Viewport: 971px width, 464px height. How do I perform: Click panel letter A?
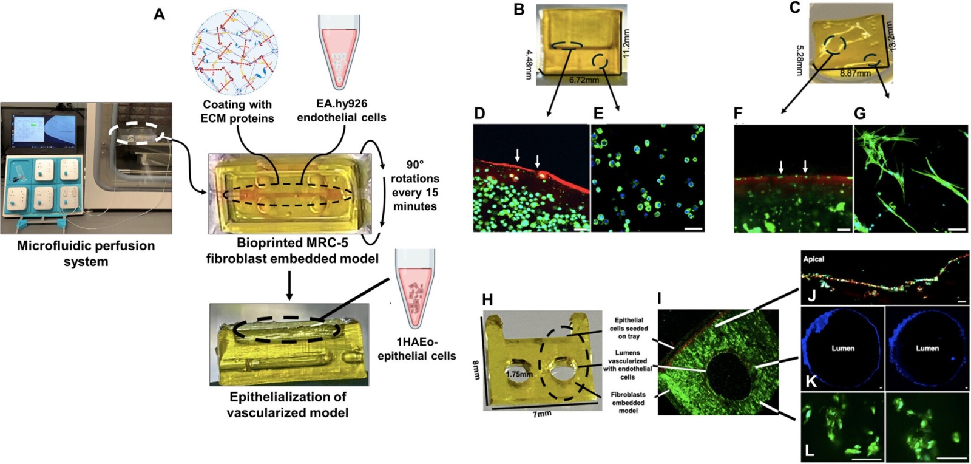[x=159, y=14]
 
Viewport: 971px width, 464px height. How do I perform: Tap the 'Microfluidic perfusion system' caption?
[x=86, y=253]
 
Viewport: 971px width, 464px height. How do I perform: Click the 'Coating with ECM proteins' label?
[x=237, y=111]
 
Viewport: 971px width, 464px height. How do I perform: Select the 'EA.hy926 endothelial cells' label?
[x=341, y=111]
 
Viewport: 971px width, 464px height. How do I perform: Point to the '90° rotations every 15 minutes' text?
[x=414, y=185]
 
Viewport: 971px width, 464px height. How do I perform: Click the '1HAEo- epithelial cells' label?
[x=416, y=349]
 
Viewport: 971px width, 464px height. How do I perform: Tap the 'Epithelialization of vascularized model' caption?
[x=288, y=404]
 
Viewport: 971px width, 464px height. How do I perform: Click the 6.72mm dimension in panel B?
[x=584, y=80]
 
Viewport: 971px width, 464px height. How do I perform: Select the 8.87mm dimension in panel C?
[x=855, y=73]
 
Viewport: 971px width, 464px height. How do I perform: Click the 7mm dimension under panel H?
[x=542, y=414]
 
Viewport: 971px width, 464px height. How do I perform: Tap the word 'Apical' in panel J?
[x=814, y=259]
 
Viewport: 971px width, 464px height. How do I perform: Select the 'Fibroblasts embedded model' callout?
[x=628, y=402]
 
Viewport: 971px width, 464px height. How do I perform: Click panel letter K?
[x=810, y=381]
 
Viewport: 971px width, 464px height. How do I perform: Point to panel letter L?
[x=809, y=451]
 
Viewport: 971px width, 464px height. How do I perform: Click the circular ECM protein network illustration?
[x=235, y=53]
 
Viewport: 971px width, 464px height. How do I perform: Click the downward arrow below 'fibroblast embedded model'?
[x=289, y=285]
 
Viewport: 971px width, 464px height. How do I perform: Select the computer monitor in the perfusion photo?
[x=42, y=132]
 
